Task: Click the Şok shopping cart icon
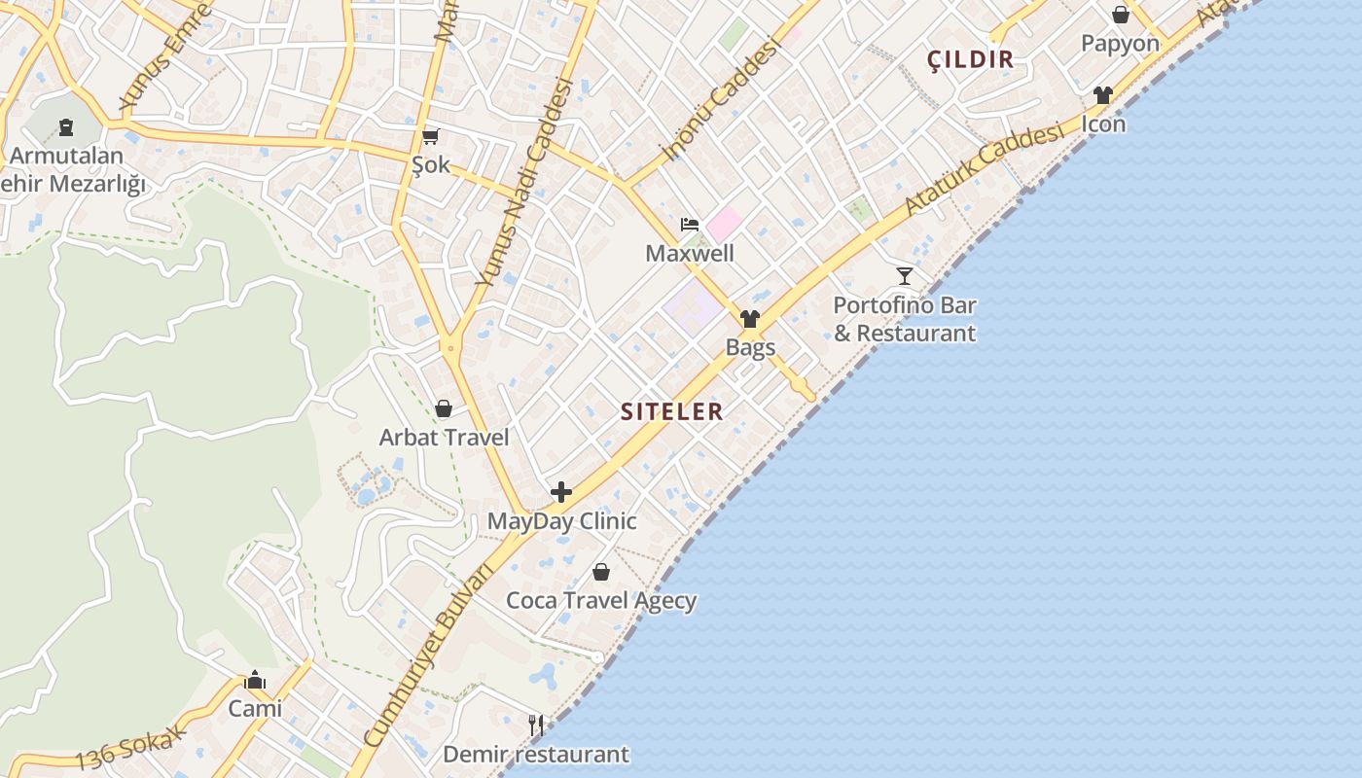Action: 430,137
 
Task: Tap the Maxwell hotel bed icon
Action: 690,225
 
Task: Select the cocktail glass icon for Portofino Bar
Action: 905,276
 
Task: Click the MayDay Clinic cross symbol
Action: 561,492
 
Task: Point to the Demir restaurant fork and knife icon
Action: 535,725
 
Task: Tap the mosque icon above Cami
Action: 255,680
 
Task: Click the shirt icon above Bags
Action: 749,319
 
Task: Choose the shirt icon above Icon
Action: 1102,95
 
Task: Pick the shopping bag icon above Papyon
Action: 1121,15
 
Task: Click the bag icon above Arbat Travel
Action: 444,408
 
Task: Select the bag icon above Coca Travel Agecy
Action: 601,571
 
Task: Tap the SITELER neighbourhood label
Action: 672,411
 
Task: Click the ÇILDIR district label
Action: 970,59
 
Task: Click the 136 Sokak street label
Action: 129,748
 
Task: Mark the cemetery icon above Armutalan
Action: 65,126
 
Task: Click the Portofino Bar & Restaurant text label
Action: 905,319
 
